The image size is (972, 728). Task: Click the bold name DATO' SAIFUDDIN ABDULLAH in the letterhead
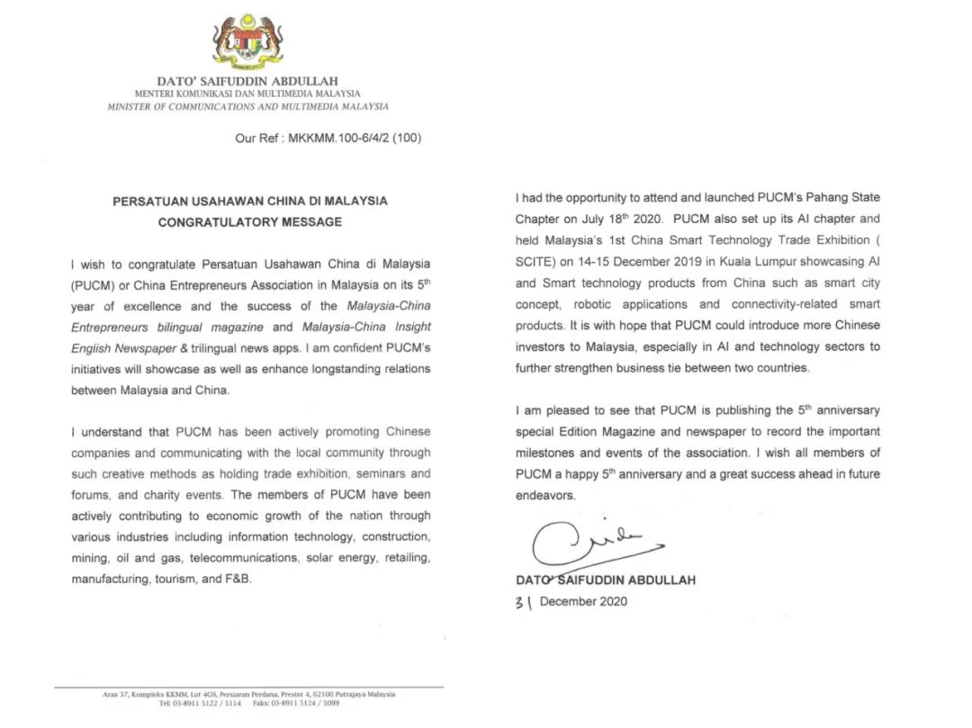pyautogui.click(x=247, y=81)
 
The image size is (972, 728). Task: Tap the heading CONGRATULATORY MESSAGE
pyautogui.click(x=250, y=222)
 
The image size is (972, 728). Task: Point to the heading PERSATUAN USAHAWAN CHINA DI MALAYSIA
pyautogui.click(x=250, y=201)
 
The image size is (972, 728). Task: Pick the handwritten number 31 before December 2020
pyautogui.click(x=524, y=603)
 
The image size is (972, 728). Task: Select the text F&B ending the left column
pyautogui.click(x=238, y=580)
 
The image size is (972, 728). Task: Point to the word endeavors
pyautogui.click(x=544, y=495)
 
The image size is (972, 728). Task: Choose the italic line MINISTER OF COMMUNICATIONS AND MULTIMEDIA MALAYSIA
pyautogui.click(x=247, y=106)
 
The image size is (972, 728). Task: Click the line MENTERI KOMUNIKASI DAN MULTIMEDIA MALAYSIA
pyautogui.click(x=247, y=94)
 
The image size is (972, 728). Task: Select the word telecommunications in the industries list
pyautogui.click(x=243, y=558)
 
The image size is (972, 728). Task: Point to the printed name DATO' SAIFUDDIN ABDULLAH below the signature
pyautogui.click(x=606, y=580)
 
